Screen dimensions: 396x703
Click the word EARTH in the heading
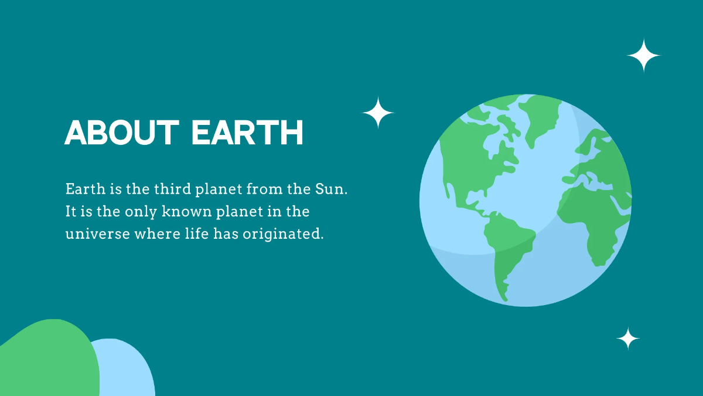point(247,133)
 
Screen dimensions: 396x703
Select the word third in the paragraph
point(174,189)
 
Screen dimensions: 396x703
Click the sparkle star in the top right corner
point(643,56)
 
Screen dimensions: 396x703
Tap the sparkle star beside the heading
point(378,113)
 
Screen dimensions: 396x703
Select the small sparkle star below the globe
point(628,339)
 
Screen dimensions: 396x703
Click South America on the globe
point(507,246)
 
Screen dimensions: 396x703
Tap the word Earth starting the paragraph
point(83,189)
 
